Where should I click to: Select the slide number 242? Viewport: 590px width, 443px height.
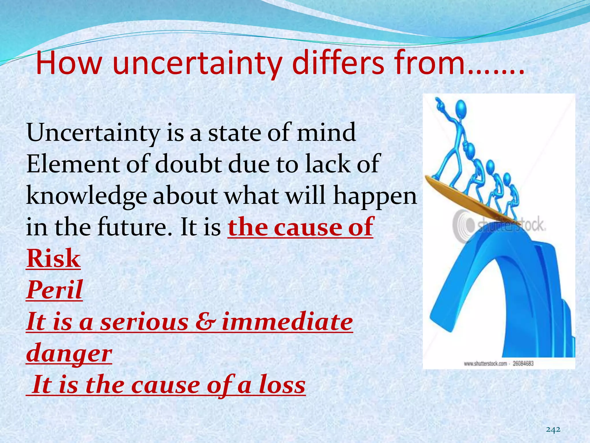pyautogui.click(x=553, y=429)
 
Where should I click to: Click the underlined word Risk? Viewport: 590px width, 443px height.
pyautogui.click(x=53, y=259)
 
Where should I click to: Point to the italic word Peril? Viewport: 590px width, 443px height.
pyautogui.click(x=54, y=290)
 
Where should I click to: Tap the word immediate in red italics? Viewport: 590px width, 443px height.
pyautogui.click(x=287, y=322)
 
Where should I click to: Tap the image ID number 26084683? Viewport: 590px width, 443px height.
pyautogui.click(x=523, y=363)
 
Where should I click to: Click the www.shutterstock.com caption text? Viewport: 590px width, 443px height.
pyautogui.click(x=485, y=363)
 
